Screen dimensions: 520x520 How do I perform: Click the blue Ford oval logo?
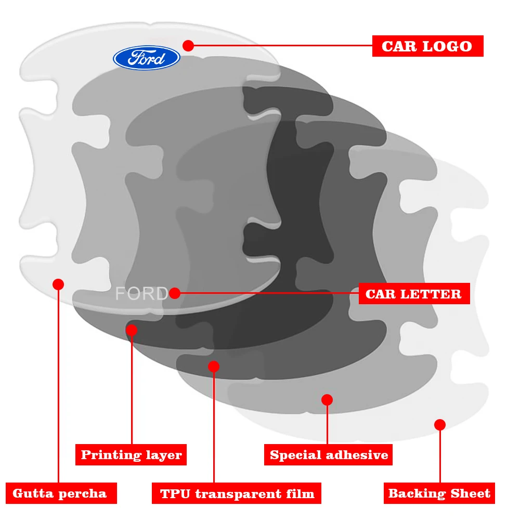[146, 57]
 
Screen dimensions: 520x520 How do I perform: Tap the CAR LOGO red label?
[427, 46]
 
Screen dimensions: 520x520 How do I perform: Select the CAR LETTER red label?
[414, 294]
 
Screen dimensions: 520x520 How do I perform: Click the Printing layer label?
[131, 455]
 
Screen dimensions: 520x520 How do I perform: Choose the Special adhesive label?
[329, 455]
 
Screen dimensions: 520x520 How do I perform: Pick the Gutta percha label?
[60, 493]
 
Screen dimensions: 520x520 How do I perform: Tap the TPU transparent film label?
[237, 493]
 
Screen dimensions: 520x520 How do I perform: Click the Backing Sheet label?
[439, 493]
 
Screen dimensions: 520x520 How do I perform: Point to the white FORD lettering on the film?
[141, 294]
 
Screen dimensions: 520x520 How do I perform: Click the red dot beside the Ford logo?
[188, 46]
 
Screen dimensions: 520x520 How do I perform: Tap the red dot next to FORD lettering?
[175, 293]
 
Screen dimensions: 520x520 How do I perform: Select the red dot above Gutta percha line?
[58, 284]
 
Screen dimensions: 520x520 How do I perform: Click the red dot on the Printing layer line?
[132, 330]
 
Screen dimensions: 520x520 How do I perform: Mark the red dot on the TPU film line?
[214, 366]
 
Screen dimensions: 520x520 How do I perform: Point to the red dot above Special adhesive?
[327, 399]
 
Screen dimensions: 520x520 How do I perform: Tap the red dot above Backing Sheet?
[440, 425]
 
